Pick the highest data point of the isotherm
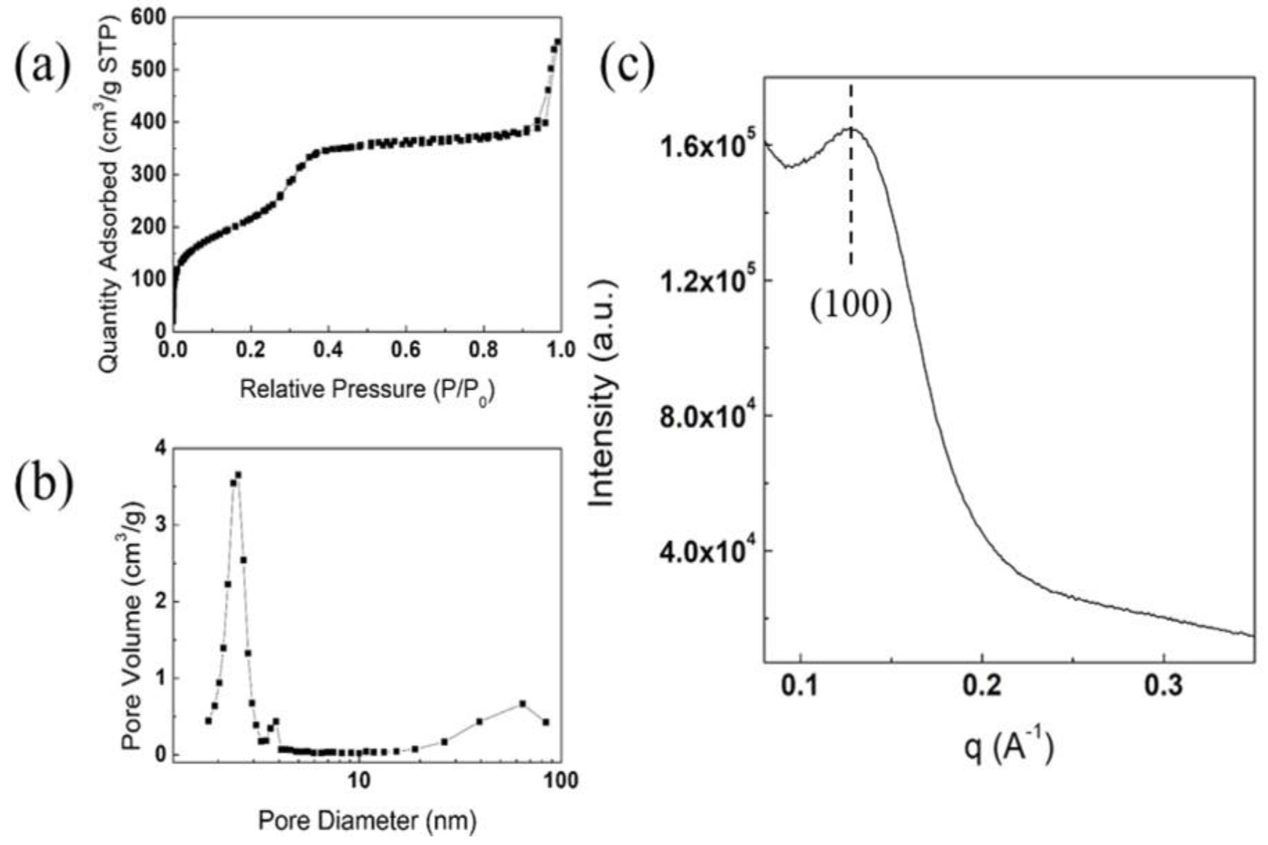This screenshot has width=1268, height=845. click(x=558, y=41)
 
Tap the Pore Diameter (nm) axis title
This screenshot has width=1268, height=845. click(x=367, y=822)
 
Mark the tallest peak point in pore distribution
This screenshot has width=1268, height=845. click(x=238, y=475)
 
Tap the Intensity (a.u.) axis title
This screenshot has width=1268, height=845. click(x=602, y=394)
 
